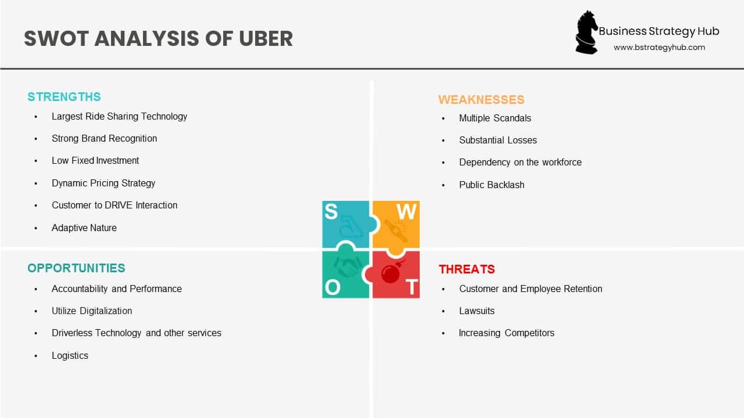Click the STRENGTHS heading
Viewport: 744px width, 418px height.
(x=64, y=97)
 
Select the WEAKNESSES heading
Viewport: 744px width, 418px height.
(x=481, y=100)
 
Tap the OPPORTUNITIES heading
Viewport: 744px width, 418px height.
(x=76, y=268)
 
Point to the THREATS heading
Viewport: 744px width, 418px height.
(x=467, y=269)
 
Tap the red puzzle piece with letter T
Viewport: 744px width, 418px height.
(x=398, y=275)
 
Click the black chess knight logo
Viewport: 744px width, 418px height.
(x=586, y=33)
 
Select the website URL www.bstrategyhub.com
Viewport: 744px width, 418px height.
(x=659, y=48)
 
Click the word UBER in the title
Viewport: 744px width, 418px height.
(x=266, y=38)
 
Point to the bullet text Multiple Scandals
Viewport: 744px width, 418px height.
(x=495, y=118)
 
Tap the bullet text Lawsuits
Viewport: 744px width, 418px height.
(x=477, y=311)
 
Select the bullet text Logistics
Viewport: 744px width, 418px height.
(x=70, y=356)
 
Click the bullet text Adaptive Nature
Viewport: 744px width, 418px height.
(x=84, y=228)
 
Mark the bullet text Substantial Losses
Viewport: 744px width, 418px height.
(x=498, y=140)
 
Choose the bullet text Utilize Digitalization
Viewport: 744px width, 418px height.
(x=91, y=311)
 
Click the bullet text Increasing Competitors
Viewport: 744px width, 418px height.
(x=506, y=333)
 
